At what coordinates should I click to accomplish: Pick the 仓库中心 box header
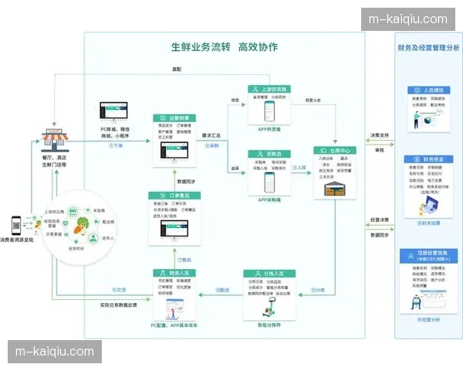(336, 150)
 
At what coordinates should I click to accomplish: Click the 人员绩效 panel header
(428, 90)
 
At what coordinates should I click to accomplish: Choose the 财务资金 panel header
(428, 159)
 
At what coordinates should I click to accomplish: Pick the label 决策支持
(379, 135)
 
